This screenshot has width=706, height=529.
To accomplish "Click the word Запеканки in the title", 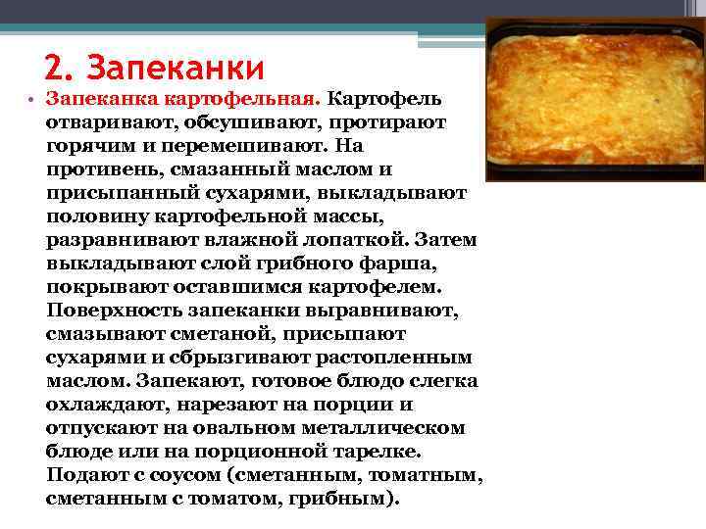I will pyautogui.click(x=176, y=68).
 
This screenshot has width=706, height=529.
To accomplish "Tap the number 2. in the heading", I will pyautogui.click(x=60, y=68).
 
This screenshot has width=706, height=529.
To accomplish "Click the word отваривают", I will pyautogui.click(x=97, y=123).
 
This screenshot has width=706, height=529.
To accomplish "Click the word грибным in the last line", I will pyautogui.click(x=349, y=498).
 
